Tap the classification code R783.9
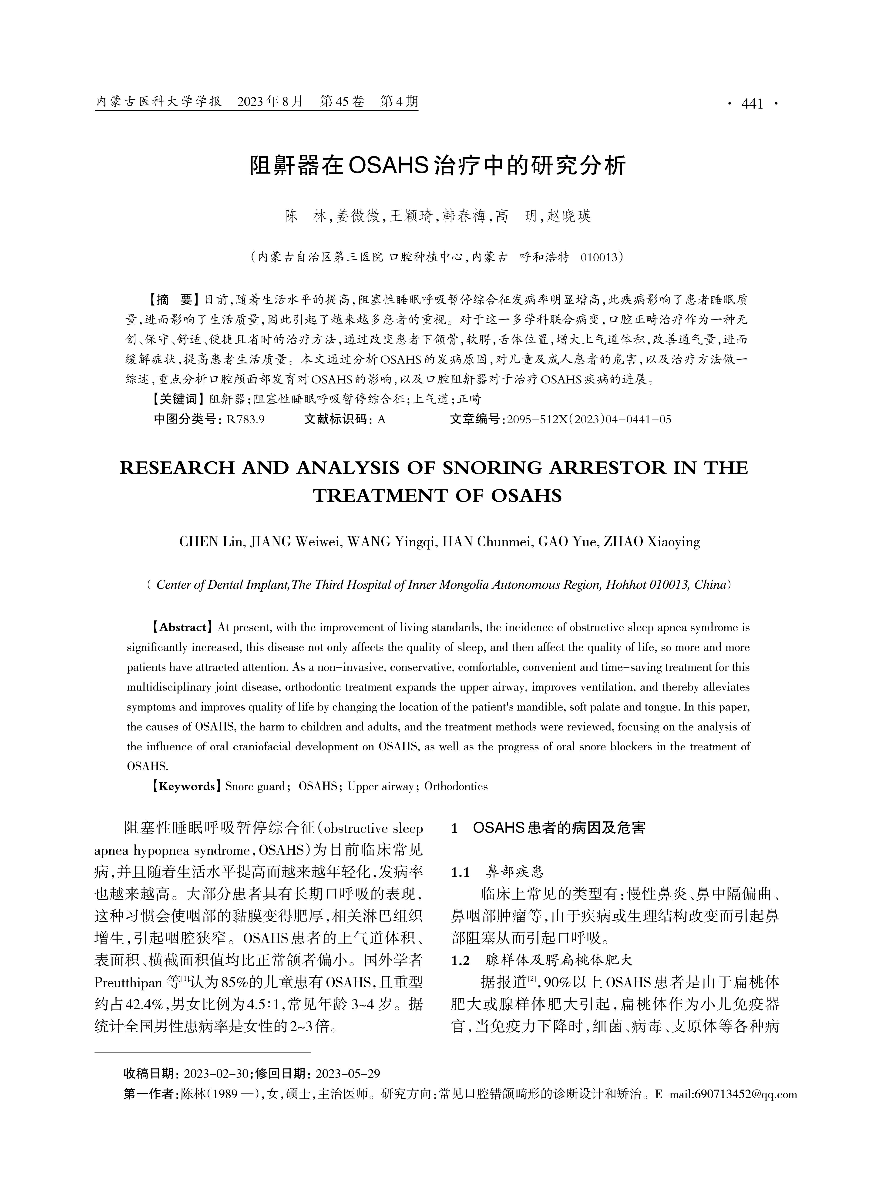click(245, 419)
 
